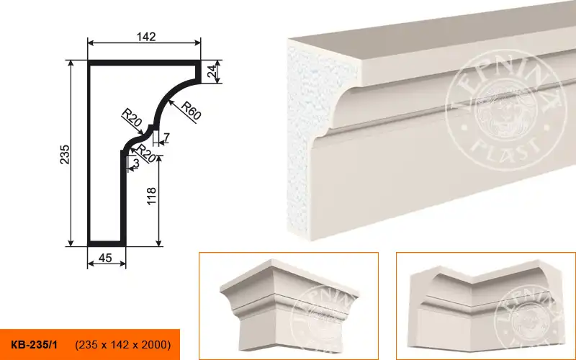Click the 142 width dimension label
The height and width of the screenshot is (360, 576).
(146, 37)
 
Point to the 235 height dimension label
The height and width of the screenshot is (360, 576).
(65, 154)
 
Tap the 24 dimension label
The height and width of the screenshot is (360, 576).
(212, 71)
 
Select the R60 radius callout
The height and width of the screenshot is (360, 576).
(192, 111)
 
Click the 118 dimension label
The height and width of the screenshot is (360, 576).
(151, 196)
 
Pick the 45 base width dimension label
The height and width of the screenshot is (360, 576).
(105, 258)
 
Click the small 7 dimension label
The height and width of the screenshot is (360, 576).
(166, 138)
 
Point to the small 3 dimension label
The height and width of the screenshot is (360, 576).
(136, 163)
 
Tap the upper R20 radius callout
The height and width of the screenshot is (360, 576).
(132, 117)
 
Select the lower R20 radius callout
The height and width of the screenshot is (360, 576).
(146, 153)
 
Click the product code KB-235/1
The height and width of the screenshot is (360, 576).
(34, 345)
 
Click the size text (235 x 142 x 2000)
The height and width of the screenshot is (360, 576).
(123, 345)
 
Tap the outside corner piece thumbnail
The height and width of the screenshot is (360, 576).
(289, 305)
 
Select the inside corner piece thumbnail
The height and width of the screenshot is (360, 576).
(485, 305)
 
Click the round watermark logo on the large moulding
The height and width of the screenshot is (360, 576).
(505, 110)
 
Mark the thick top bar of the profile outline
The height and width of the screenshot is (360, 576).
(144, 63)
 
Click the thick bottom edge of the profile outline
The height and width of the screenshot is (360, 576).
(107, 243)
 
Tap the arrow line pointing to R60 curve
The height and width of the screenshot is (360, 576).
(183, 112)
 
